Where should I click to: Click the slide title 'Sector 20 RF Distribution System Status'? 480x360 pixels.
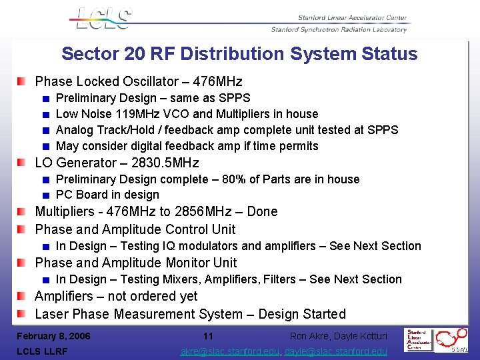pos(239,54)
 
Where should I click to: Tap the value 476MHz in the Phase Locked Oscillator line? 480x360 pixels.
pos(217,82)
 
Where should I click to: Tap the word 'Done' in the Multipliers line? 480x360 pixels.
pos(262,211)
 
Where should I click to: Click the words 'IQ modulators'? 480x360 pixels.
pos(241,246)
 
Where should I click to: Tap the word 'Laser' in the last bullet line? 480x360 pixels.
pos(52,314)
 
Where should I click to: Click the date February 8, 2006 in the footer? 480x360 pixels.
pos(53,336)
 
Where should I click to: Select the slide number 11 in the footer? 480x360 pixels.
pos(208,336)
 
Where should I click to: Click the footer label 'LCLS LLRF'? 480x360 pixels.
pos(43,351)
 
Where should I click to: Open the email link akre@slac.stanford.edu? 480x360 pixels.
pos(231,351)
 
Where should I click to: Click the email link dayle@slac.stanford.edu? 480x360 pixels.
pos(337,351)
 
